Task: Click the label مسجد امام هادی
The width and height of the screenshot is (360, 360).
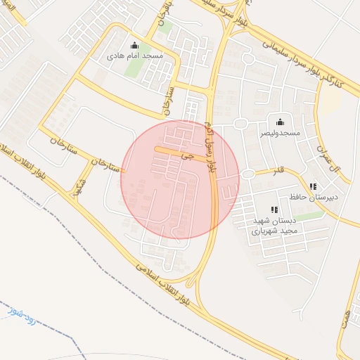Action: point(134,54)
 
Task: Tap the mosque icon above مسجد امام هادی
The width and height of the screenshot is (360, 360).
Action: point(134,45)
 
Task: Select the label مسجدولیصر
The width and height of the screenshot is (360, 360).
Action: point(280,132)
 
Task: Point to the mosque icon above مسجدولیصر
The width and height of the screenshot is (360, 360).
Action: point(280,122)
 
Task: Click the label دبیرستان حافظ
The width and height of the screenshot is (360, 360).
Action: point(314,196)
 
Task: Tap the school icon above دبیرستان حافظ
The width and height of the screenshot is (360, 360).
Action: point(313,186)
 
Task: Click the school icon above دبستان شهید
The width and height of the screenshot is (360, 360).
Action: point(274,210)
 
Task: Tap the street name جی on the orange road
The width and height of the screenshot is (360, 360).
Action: point(186,155)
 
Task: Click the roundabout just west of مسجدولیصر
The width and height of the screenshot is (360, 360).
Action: point(240,124)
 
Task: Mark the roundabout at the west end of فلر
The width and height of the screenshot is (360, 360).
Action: point(247,174)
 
